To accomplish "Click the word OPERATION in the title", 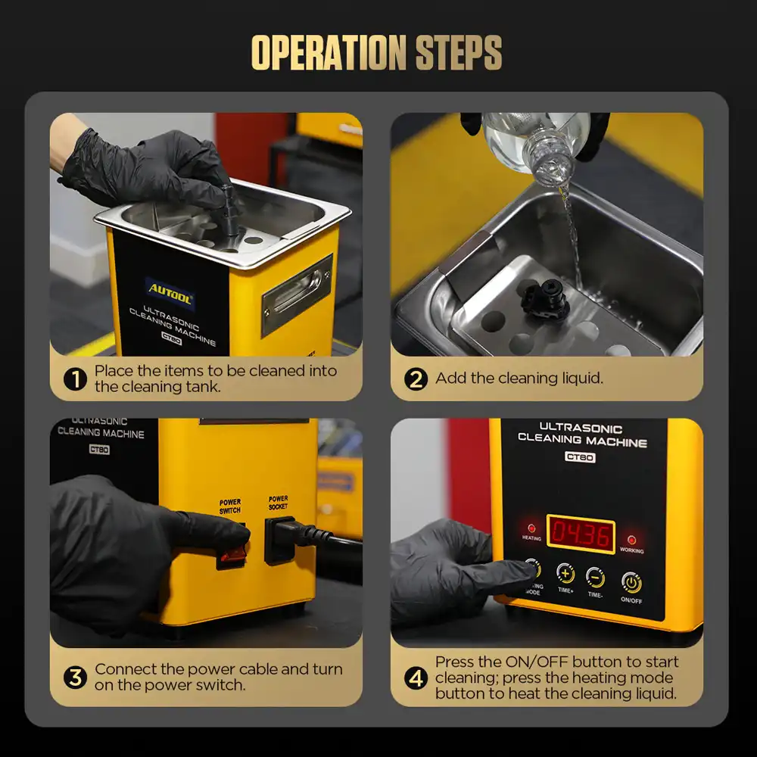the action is click(x=329, y=53).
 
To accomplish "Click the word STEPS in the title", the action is click(x=459, y=53).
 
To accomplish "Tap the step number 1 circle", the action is click(x=75, y=379).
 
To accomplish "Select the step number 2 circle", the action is click(x=416, y=379).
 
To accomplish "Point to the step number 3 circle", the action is click(x=75, y=678).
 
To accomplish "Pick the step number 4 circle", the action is click(x=416, y=678).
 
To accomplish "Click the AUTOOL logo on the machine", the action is click(x=170, y=292).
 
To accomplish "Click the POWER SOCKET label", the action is click(x=278, y=502).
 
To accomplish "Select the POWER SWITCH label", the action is click(x=230, y=506).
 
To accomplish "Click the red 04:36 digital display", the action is click(x=581, y=534).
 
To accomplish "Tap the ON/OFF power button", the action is click(x=631, y=582).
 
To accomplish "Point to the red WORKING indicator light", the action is click(x=631, y=539).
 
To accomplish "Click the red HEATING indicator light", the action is click(x=531, y=528).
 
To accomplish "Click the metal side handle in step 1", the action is click(x=297, y=295).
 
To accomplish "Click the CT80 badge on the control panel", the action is click(x=580, y=456).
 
